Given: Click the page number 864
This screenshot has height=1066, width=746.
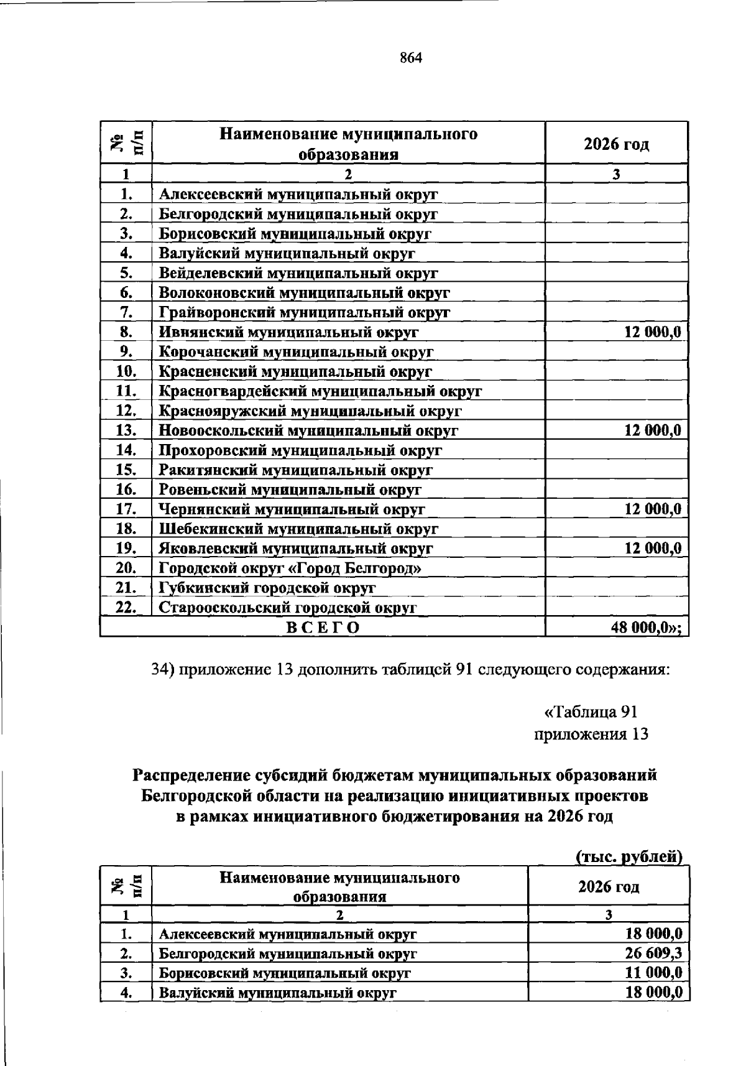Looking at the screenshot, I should [x=411, y=58].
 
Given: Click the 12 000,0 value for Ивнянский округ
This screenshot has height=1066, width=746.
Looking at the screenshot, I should [x=652, y=332].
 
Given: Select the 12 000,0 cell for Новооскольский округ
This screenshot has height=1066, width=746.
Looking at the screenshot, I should [x=652, y=430].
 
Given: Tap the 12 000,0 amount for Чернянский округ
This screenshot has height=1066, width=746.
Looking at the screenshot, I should [x=652, y=509].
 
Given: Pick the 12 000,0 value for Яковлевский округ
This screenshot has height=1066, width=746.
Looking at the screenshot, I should [x=652, y=549].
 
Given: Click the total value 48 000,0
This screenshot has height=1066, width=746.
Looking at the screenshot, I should [x=646, y=628].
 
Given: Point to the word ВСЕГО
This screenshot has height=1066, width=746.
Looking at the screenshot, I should [x=323, y=628].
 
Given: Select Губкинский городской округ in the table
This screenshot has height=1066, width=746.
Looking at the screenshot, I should [x=267, y=588].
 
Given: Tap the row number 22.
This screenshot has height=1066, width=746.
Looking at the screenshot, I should [x=126, y=608].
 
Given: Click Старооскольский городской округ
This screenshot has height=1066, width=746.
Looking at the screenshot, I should [x=287, y=608].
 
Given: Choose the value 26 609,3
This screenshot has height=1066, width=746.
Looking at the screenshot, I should [x=653, y=953].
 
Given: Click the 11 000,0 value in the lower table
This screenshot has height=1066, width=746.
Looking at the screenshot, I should [x=653, y=973].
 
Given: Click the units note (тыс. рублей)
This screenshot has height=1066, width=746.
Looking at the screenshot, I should [x=629, y=857].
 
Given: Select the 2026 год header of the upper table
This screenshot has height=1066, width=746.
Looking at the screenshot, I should [x=616, y=144].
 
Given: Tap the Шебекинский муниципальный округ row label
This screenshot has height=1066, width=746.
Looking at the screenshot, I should [x=298, y=529].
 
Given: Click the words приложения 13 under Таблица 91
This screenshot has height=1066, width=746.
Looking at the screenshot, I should [x=591, y=735].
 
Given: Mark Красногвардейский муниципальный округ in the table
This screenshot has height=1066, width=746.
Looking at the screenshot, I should [x=320, y=391].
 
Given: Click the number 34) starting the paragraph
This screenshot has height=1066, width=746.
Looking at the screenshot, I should [x=163, y=670].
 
